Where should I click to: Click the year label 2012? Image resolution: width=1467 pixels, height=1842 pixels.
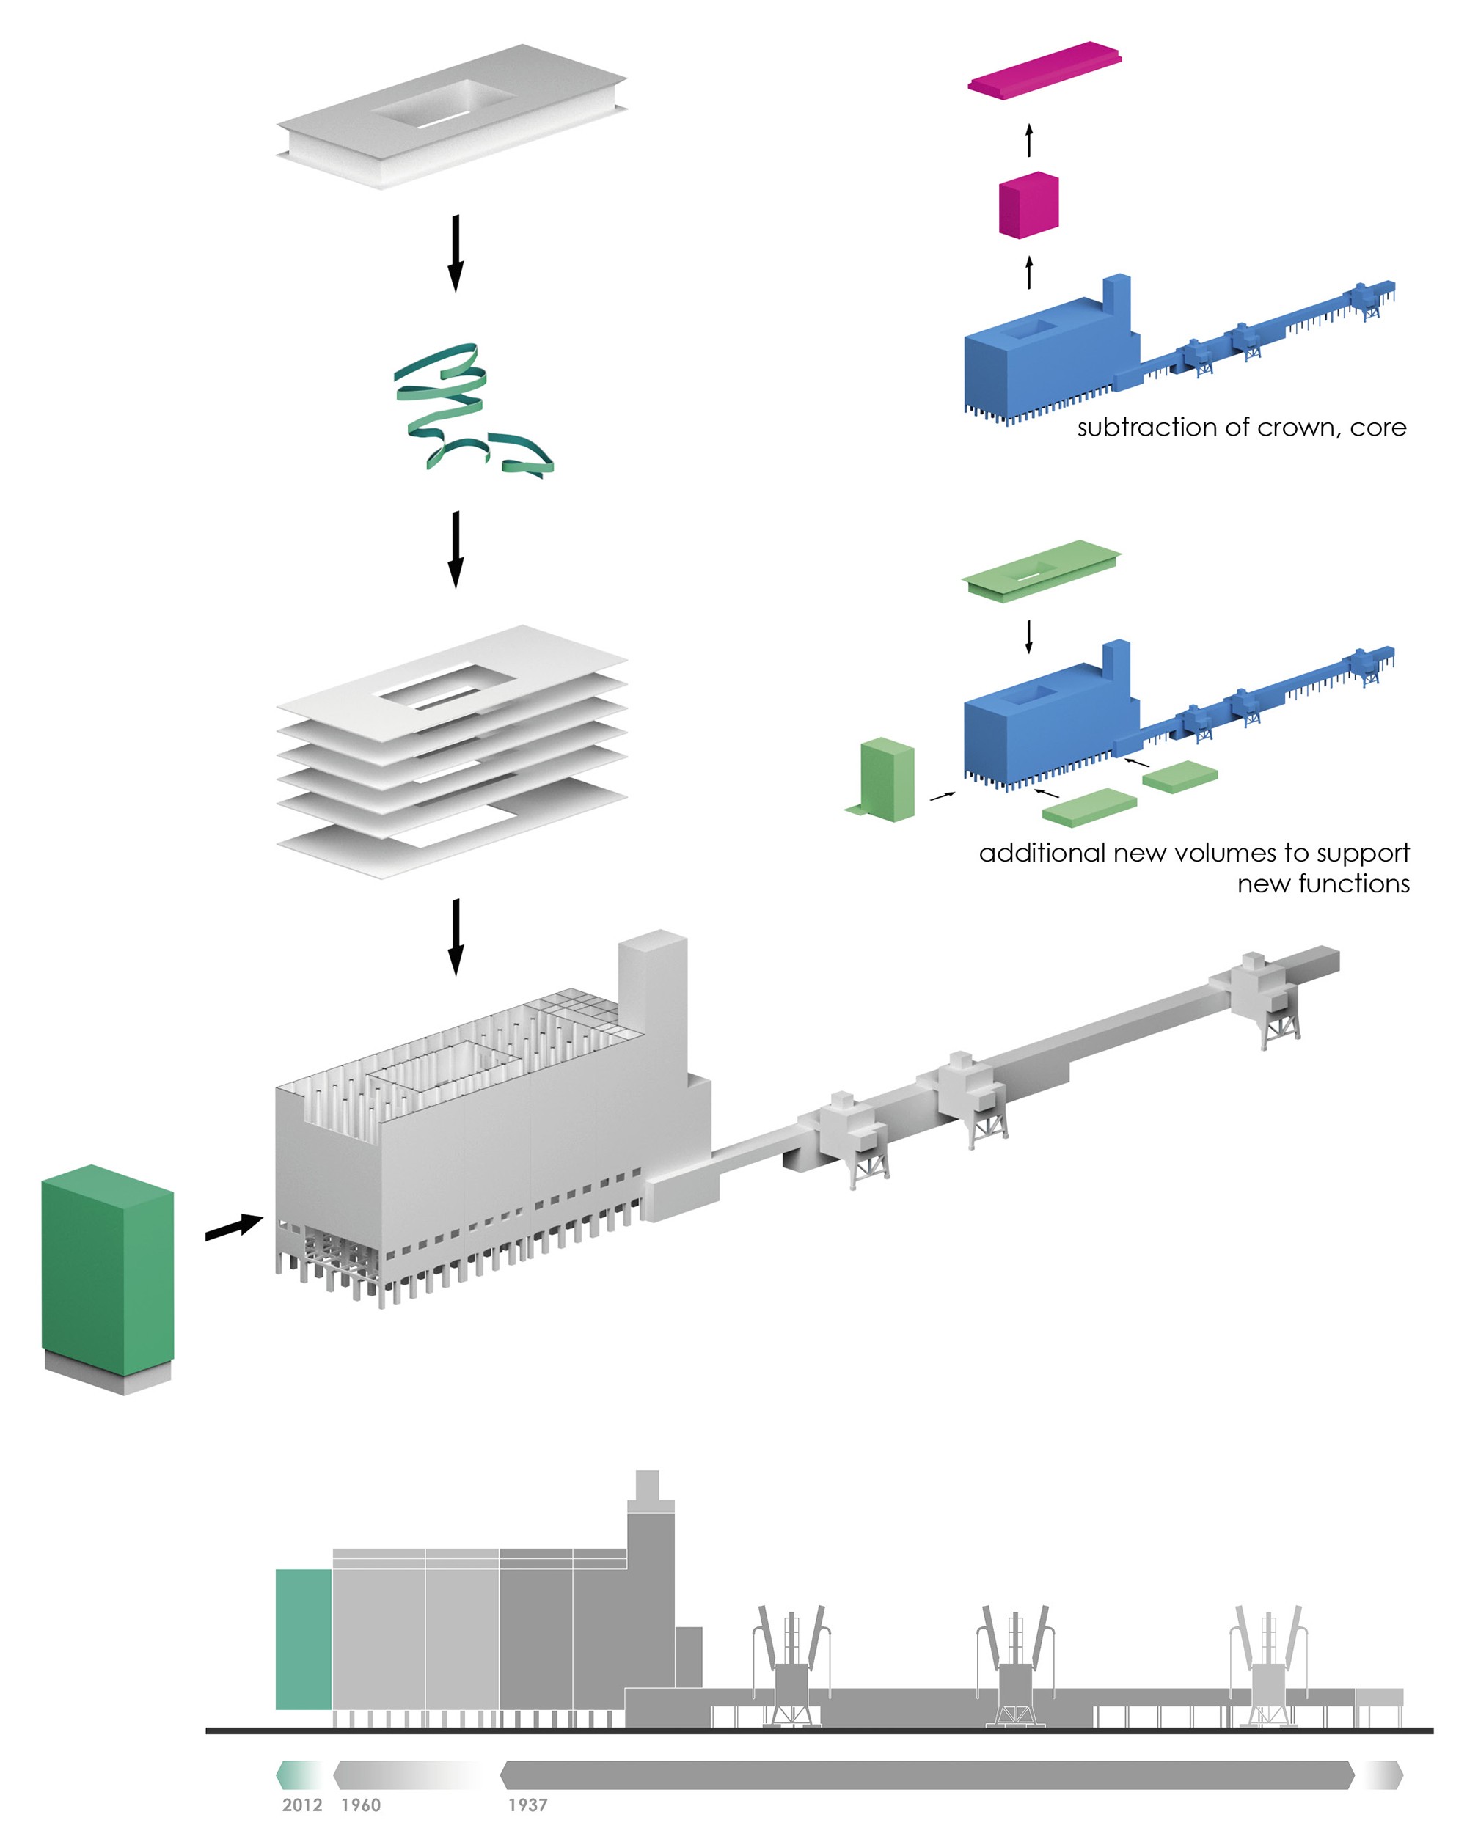(301, 1805)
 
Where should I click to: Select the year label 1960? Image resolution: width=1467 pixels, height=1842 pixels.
(361, 1805)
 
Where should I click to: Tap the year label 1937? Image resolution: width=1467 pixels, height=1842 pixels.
(527, 1805)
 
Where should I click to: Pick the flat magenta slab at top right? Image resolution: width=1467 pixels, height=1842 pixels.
(1044, 68)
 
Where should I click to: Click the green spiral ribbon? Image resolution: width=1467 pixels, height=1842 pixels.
(466, 408)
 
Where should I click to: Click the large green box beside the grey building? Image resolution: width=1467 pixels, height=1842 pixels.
(108, 1264)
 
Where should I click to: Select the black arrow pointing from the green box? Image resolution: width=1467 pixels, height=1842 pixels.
(234, 1228)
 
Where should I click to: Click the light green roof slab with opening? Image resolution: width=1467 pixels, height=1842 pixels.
(1041, 570)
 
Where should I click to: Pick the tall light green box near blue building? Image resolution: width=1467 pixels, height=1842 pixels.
(887, 779)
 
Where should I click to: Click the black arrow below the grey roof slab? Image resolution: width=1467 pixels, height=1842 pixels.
(456, 252)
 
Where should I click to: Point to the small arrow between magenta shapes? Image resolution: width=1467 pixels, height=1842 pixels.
(1028, 140)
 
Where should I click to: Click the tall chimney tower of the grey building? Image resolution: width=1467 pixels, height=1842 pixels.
(653, 999)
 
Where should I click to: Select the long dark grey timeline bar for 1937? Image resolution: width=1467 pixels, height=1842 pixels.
(927, 1775)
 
